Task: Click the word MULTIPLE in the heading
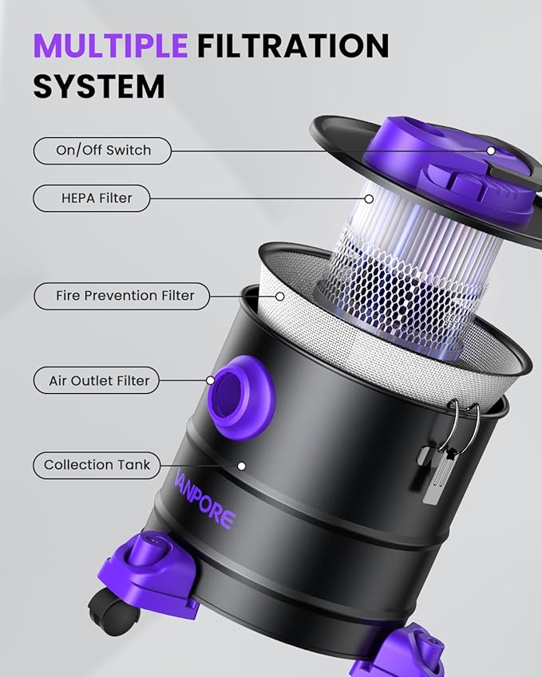tap(110, 46)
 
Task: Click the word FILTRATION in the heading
tap(293, 46)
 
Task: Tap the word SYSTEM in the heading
tap(99, 86)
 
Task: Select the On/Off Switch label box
tap(103, 150)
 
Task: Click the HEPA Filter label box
tap(92, 199)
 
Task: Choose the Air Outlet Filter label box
tap(99, 381)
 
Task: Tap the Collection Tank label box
tap(97, 465)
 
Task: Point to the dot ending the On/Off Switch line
tap(492, 150)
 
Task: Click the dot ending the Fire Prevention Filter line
tap(280, 296)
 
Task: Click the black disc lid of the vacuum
tap(343, 144)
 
